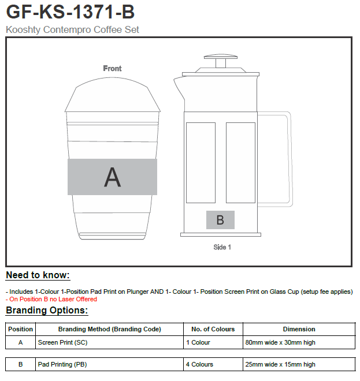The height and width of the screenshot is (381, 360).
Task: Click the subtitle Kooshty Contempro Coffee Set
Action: click(72, 29)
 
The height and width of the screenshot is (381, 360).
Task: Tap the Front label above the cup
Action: click(112, 68)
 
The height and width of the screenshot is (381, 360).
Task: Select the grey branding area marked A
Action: click(112, 177)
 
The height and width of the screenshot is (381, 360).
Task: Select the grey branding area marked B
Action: click(220, 220)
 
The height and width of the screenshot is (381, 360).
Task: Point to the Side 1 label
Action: click(222, 247)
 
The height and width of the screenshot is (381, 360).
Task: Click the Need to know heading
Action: click(38, 275)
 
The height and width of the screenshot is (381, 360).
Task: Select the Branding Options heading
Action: click(47, 311)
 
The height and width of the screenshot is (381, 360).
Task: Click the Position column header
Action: click(20, 329)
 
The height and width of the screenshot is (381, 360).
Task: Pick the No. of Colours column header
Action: click(213, 329)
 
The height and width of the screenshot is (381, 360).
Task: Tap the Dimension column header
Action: click(299, 329)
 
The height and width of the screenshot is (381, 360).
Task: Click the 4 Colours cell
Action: click(199, 364)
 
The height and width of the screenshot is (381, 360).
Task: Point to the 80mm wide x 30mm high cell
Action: click(280, 342)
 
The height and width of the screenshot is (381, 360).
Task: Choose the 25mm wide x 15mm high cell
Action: click(280, 364)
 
